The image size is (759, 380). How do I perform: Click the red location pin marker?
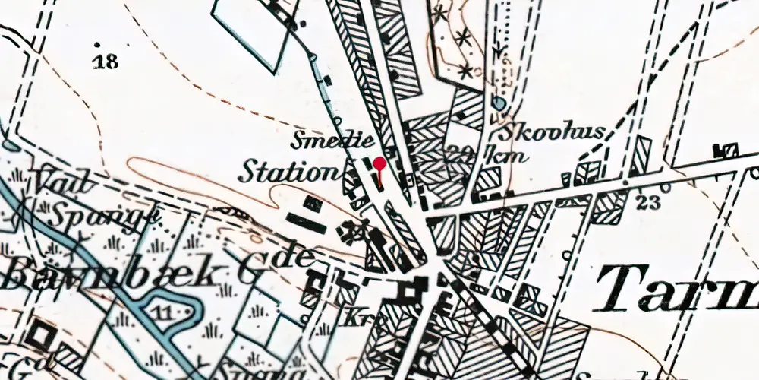(379, 163)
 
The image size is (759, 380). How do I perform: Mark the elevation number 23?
(650, 202)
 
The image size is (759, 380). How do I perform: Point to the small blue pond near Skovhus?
(498, 102)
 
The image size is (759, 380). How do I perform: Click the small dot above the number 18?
(98, 44)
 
